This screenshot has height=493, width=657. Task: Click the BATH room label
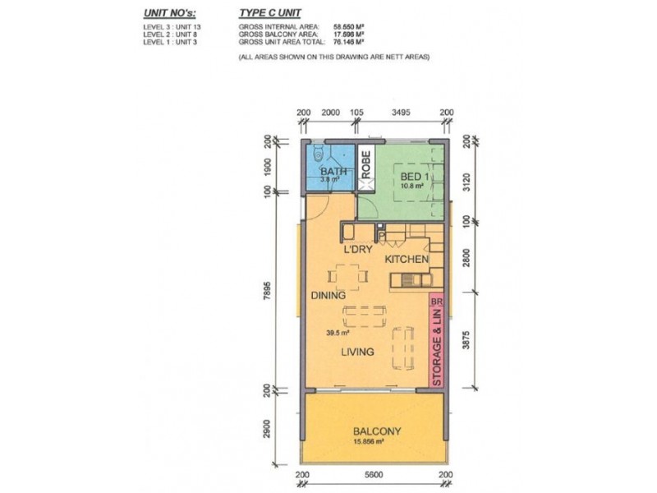point(331,171)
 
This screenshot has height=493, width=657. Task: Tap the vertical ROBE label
point(366,169)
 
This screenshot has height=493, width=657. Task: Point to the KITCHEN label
point(407,260)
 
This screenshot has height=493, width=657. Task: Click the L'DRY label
point(359,247)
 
